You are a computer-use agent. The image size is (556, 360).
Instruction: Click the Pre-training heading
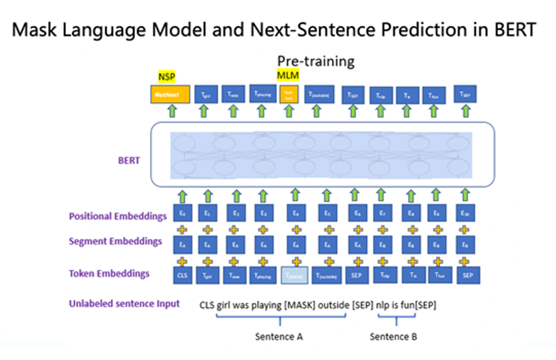[x=315, y=60]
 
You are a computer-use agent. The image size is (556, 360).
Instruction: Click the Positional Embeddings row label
[x=118, y=216]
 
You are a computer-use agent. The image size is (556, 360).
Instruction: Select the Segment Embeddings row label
[x=116, y=241]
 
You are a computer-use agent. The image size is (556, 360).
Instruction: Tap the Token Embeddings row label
[x=109, y=274]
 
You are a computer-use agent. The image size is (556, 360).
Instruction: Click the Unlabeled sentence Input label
[x=124, y=303]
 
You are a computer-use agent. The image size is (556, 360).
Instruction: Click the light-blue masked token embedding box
[x=294, y=274]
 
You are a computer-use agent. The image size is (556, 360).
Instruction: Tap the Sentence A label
[x=279, y=337]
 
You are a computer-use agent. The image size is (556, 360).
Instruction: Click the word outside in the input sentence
[x=335, y=304]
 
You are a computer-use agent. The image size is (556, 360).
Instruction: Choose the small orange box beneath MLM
[x=289, y=93]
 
